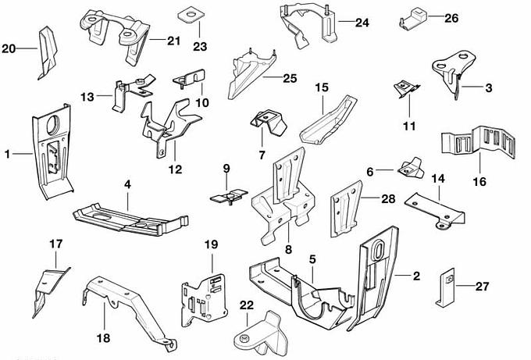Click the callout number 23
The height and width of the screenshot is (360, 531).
[x=201, y=47]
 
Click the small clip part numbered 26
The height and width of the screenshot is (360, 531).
[x=414, y=16]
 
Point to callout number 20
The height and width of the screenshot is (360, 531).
[x=9, y=49]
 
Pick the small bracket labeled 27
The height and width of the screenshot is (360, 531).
[x=444, y=287]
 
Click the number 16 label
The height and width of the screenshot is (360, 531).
[x=479, y=181]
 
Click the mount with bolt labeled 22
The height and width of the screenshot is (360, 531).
[x=264, y=333]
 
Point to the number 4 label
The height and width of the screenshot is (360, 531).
[x=127, y=185]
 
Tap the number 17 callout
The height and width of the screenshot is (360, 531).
[x=55, y=244]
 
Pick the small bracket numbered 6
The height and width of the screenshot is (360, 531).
[x=409, y=166]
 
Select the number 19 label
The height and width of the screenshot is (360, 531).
[x=210, y=244]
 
